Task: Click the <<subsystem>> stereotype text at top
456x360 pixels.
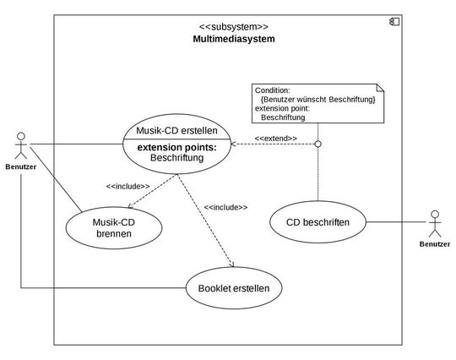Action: (234, 26)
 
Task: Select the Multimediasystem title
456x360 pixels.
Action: (234, 39)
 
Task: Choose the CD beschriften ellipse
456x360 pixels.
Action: (318, 223)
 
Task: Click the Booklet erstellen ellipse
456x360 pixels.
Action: (234, 288)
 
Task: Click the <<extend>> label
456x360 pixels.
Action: (276, 137)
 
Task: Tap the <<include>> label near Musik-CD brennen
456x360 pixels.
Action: (128, 186)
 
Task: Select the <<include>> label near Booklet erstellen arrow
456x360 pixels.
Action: (225, 206)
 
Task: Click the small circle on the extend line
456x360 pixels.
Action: (318, 144)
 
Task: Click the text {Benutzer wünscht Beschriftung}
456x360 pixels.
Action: (318, 100)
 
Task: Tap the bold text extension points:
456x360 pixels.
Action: (176, 147)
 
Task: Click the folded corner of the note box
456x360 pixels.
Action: (377, 86)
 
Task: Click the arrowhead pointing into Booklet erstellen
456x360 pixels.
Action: (230, 267)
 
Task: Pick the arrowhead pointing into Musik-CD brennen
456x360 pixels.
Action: (129, 205)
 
